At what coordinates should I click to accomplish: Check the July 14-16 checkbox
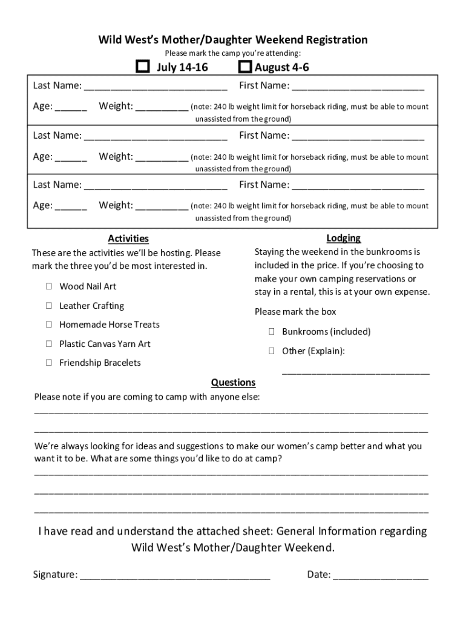coord(143,67)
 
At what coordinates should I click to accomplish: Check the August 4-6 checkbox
coord(245,67)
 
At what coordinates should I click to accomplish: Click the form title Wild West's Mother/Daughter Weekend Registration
coord(233,40)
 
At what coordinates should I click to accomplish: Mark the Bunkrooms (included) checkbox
coord(272,332)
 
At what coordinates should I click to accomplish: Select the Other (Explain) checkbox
coord(272,351)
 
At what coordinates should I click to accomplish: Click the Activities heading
coord(128,239)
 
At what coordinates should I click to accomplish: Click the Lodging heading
coord(343,238)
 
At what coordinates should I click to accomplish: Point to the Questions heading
coord(233,383)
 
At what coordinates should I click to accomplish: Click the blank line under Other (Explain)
coord(356,372)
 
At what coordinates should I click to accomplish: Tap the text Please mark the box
coord(295,312)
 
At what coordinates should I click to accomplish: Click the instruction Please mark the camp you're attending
coord(233,53)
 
